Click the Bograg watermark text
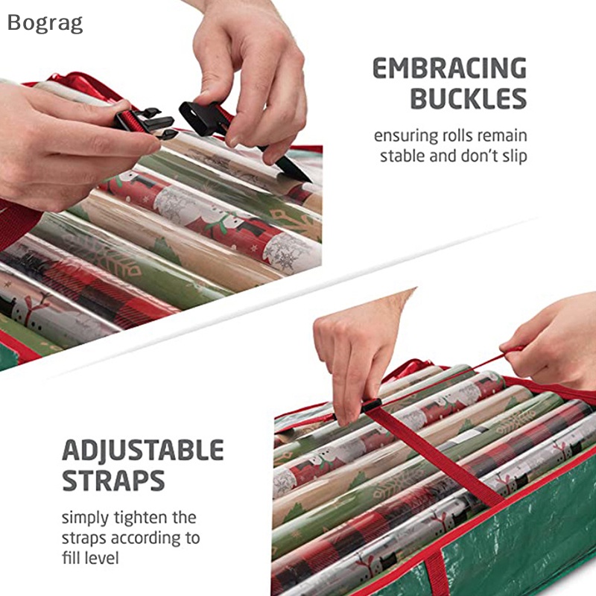coord(45,24)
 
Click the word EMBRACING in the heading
coord(450,69)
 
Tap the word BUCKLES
coord(469,98)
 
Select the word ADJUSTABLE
coord(143,451)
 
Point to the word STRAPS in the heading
coord(113,481)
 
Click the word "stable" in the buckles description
coord(402,156)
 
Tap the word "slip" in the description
coord(514,156)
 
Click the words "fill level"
coord(90,558)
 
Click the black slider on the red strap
coord(370,406)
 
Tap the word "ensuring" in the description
coord(406,136)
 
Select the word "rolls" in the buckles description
coord(459,136)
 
